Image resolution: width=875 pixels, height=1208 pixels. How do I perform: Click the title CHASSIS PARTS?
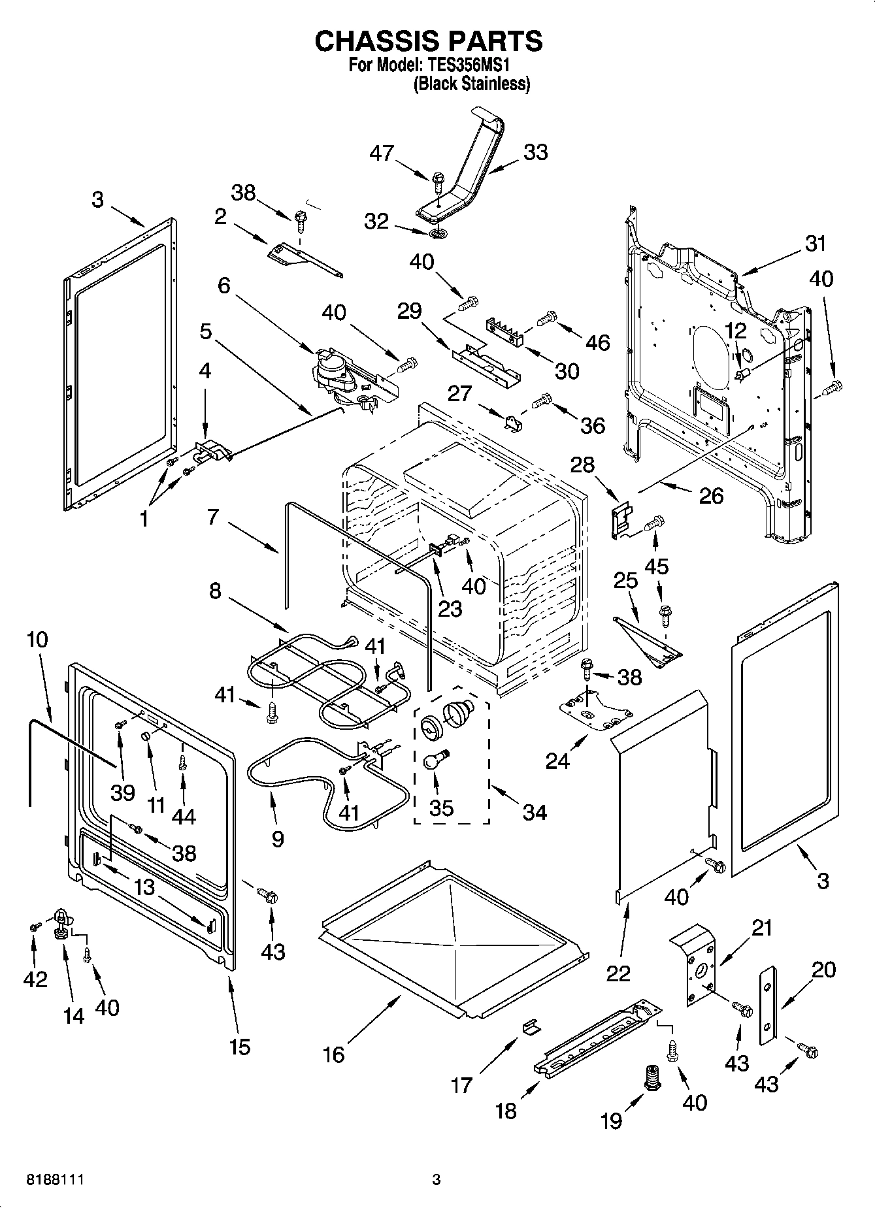pyautogui.click(x=429, y=41)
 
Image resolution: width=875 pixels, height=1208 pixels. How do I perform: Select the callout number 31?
pyautogui.click(x=815, y=244)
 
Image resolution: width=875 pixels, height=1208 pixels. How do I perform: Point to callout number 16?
pyautogui.click(x=334, y=1054)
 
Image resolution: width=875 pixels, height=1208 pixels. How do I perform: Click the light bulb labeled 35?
pyautogui.click(x=432, y=760)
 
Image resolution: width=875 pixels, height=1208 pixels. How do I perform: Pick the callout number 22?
pyautogui.click(x=618, y=973)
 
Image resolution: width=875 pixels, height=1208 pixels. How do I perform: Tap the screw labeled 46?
pyautogui.click(x=546, y=319)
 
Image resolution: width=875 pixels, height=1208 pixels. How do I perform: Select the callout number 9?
pyautogui.click(x=277, y=839)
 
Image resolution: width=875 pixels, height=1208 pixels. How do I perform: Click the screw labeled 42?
pyautogui.click(x=34, y=926)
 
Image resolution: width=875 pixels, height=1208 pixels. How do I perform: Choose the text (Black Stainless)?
pyautogui.click(x=471, y=84)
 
